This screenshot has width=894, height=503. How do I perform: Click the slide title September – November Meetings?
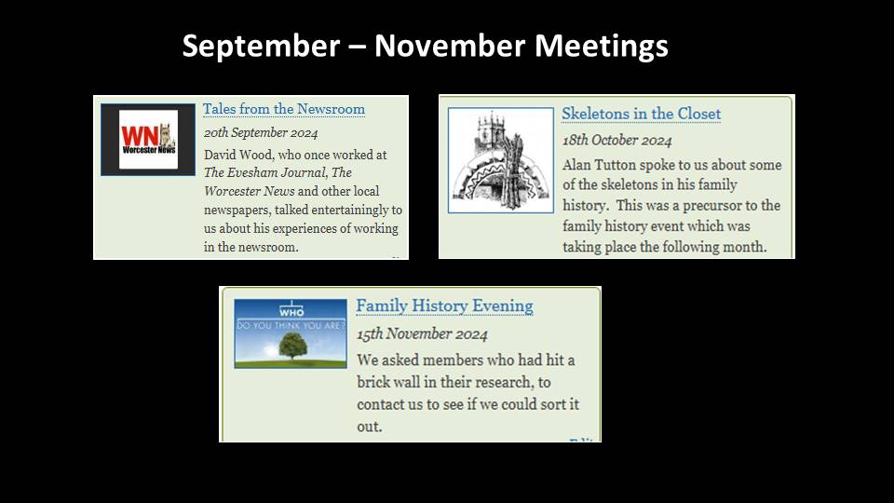pyautogui.click(x=425, y=47)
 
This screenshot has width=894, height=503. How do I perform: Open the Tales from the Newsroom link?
pyautogui.click(x=284, y=109)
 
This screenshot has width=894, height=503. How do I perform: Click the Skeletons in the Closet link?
pyautogui.click(x=642, y=114)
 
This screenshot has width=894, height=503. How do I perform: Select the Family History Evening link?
pyautogui.click(x=445, y=306)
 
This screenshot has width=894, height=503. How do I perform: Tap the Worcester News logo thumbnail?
pyautogui.click(x=148, y=140)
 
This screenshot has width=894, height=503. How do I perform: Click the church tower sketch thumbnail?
pyautogui.click(x=501, y=160)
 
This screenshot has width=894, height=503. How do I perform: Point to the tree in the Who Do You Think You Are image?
pyautogui.click(x=293, y=347)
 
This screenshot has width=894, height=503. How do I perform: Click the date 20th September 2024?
pyautogui.click(x=261, y=133)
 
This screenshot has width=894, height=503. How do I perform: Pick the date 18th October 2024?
pyautogui.click(x=617, y=141)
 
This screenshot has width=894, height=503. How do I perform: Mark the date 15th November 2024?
pyautogui.click(x=423, y=334)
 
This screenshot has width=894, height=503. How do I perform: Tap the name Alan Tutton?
pyautogui.click(x=599, y=166)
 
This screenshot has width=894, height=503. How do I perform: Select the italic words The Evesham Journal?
pyautogui.click(x=265, y=173)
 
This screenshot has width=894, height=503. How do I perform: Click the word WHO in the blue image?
pyautogui.click(x=291, y=313)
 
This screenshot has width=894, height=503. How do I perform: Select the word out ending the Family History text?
pyautogui.click(x=370, y=428)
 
